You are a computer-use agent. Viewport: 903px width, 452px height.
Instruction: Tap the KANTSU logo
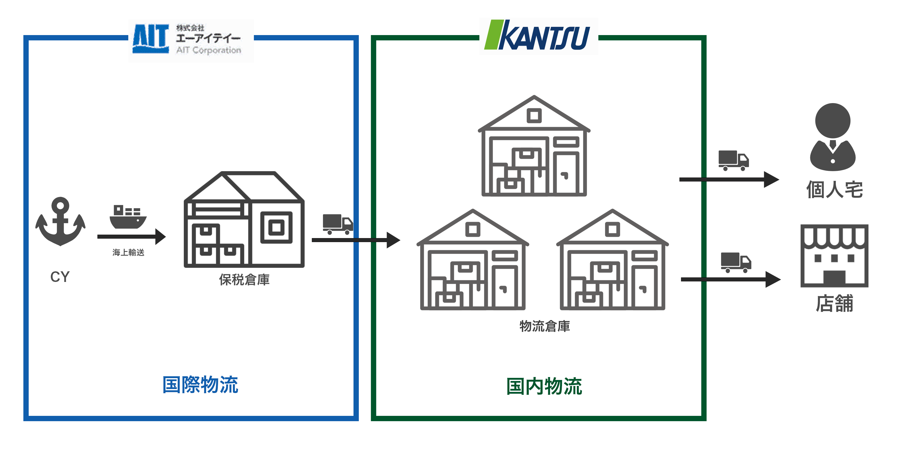[x=538, y=36]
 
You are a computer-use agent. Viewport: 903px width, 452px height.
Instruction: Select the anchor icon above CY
[x=60, y=221]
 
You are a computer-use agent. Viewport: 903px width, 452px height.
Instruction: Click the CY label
[x=60, y=277]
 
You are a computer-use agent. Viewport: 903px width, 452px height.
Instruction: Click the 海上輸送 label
[x=128, y=252]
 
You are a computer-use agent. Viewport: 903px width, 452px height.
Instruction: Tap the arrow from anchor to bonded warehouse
[x=131, y=237]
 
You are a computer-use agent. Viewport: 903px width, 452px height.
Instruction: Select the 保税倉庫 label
[x=244, y=280]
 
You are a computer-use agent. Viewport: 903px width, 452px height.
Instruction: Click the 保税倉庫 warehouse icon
[x=244, y=219]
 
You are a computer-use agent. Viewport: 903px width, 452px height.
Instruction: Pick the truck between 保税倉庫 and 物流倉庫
[x=337, y=224]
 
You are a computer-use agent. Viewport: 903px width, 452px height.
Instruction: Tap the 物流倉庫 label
[x=544, y=326]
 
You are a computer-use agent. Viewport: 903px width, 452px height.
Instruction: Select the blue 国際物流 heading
[x=200, y=385]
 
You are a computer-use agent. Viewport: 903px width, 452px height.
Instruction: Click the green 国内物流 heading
[x=544, y=386]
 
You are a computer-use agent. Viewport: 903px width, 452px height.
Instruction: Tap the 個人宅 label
[x=834, y=190]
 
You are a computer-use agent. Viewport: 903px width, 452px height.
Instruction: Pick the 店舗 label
[x=834, y=303]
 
